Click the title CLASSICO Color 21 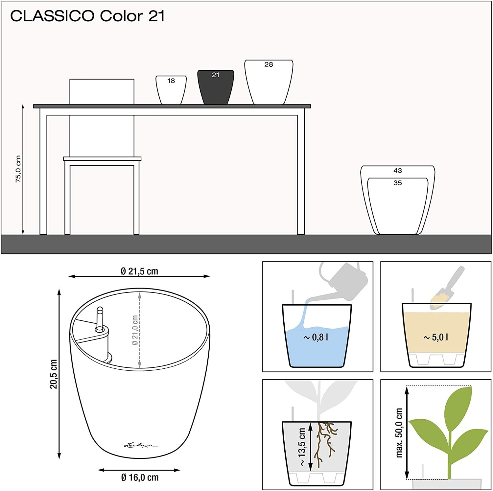[87, 16]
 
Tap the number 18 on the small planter [171, 81]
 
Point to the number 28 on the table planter [269, 65]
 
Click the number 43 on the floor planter [398, 171]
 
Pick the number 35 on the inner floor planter [398, 183]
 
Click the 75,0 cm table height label [18, 169]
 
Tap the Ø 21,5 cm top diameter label [139, 271]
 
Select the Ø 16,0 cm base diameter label [140, 477]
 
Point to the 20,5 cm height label [53, 374]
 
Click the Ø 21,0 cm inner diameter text [135, 330]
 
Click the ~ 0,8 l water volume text [316, 338]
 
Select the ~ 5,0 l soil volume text [436, 338]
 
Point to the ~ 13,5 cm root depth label [302, 447]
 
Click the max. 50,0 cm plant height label [399, 433]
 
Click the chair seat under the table [102, 159]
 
